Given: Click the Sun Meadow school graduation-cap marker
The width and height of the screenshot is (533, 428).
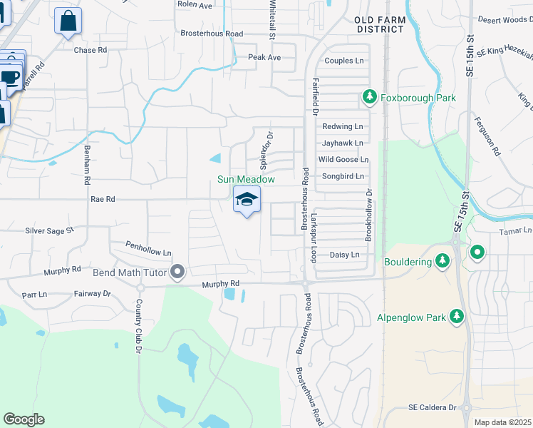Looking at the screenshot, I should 247,199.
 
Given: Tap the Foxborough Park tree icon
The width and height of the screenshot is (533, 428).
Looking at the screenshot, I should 369,96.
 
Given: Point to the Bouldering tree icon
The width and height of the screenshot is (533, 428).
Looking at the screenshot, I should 443,262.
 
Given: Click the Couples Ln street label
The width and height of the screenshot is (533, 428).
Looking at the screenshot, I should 343,61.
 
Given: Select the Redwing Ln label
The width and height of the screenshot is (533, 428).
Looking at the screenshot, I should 343,126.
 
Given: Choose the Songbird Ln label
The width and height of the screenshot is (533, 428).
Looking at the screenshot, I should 341,176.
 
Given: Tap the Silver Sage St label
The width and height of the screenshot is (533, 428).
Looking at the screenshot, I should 50,230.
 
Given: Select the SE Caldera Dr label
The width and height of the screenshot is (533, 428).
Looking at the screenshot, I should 432,407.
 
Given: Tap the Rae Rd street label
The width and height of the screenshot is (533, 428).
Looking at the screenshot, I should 103,200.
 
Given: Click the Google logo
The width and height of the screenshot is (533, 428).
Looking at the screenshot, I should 24,419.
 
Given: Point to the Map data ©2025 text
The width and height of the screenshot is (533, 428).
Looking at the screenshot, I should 503,422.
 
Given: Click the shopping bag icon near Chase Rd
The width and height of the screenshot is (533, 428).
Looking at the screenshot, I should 68,21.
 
